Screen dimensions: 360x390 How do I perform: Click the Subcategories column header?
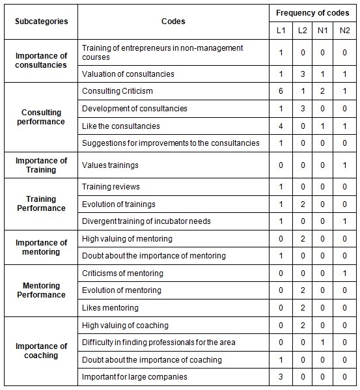click(x=41, y=21)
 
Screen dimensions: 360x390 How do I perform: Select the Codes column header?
click(x=173, y=21)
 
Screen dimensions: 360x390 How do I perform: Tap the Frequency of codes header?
click(x=312, y=13)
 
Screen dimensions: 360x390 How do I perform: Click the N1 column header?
click(x=323, y=31)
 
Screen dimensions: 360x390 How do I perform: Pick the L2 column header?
click(x=302, y=31)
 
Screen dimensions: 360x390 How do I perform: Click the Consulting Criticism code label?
click(x=118, y=91)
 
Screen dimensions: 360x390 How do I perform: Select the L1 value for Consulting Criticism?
click(x=281, y=91)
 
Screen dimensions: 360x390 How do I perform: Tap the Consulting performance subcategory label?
click(x=41, y=117)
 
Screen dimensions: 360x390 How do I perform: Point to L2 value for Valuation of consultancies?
click(x=302, y=74)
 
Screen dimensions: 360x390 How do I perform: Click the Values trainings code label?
click(x=110, y=165)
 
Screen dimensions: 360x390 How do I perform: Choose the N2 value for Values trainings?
click(x=344, y=165)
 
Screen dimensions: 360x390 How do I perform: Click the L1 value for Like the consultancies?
click(x=281, y=126)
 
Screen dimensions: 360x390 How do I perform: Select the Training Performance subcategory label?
click(x=41, y=204)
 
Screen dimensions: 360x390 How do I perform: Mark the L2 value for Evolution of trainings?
click(x=302, y=204)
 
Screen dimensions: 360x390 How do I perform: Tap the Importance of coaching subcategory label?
click(x=41, y=351)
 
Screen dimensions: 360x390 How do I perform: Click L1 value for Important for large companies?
click(x=281, y=376)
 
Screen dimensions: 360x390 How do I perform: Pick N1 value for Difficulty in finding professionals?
click(x=323, y=342)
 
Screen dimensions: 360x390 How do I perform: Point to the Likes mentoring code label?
click(x=110, y=308)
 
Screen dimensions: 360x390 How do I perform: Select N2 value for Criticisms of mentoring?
click(x=344, y=273)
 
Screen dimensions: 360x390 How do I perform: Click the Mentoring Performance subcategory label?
click(x=41, y=290)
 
